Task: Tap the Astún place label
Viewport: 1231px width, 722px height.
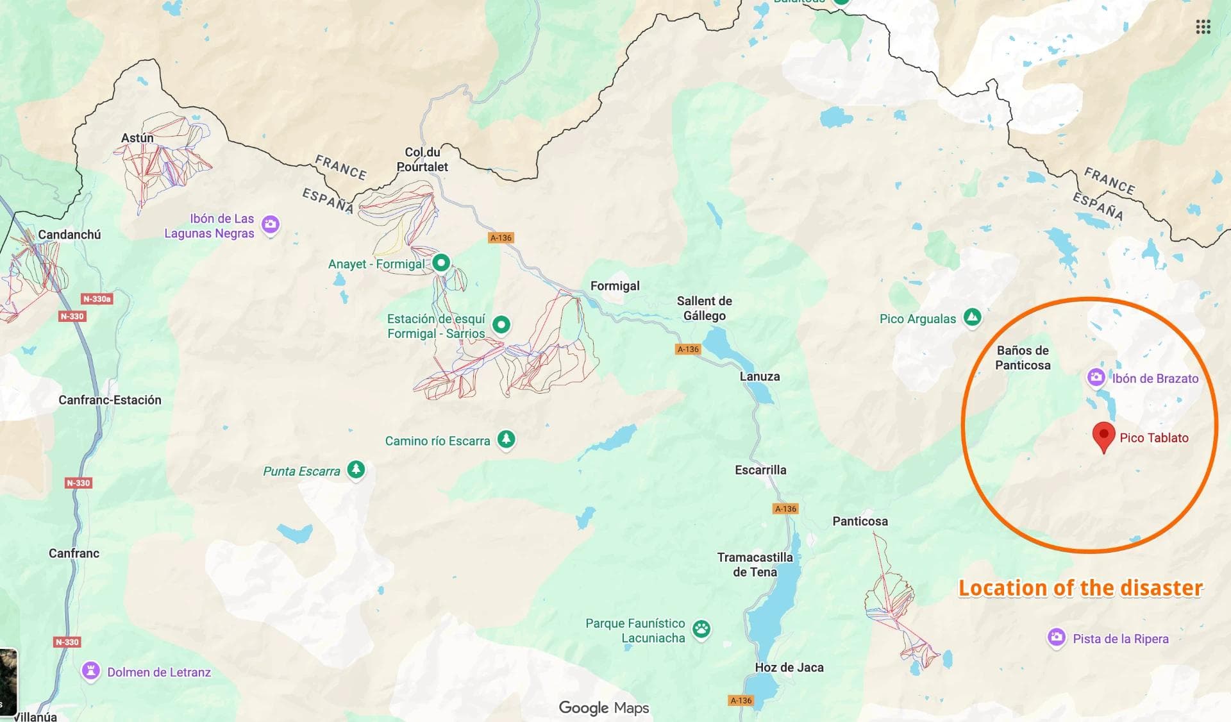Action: click(x=137, y=138)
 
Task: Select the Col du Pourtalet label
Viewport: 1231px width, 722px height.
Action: click(x=422, y=160)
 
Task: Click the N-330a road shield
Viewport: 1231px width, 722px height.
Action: click(x=97, y=299)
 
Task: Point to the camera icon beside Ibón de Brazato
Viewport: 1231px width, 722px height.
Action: click(x=1096, y=377)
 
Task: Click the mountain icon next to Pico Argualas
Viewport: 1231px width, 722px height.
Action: click(x=973, y=317)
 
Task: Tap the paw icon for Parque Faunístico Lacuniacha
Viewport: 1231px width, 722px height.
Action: click(x=702, y=629)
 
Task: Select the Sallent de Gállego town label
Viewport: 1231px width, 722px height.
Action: click(x=704, y=308)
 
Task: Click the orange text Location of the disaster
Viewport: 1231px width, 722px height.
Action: click(x=1080, y=588)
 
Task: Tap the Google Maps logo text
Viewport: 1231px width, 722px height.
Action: click(x=603, y=708)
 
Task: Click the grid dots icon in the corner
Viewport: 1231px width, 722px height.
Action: click(x=1203, y=27)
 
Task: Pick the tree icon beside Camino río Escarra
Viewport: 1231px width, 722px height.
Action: click(x=507, y=439)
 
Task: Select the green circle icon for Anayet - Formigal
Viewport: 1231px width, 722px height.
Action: click(x=441, y=263)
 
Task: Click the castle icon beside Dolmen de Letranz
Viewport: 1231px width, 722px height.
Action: click(x=91, y=671)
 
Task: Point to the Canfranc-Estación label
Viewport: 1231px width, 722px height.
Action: click(x=110, y=400)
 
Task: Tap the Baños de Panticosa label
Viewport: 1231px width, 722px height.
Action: click(x=1023, y=358)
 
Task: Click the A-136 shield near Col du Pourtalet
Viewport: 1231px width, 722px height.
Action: click(x=501, y=238)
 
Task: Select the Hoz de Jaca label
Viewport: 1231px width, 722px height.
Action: click(x=789, y=667)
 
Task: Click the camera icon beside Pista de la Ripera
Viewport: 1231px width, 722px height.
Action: click(x=1057, y=637)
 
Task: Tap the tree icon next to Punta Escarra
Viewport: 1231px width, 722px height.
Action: click(x=356, y=469)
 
